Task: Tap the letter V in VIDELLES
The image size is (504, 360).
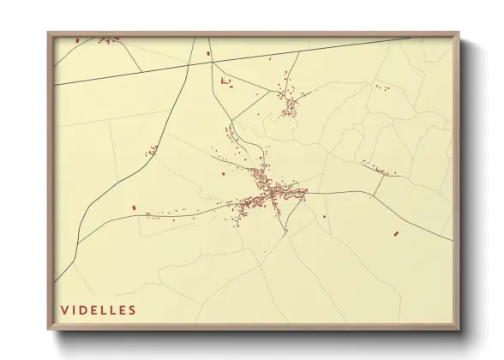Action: [x=63, y=309]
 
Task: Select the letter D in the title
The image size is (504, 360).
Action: [x=83, y=309]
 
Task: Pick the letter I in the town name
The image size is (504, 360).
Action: [x=74, y=309]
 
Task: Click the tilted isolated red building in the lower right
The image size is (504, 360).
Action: [x=395, y=233]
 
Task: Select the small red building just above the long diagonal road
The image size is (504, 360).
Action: [x=207, y=54]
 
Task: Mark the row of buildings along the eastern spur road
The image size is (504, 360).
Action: [x=381, y=170]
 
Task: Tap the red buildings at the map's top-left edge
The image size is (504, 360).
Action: [x=105, y=39]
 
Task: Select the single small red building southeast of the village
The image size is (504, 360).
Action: [x=325, y=216]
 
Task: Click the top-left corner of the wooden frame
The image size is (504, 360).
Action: [x=49, y=33]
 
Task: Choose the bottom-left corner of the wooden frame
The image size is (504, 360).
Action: [x=49, y=329]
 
